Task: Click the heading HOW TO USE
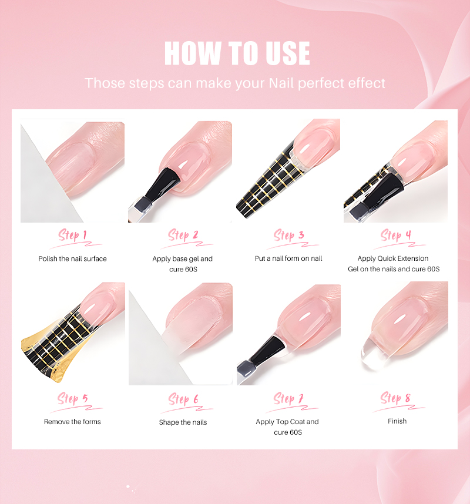click(x=237, y=53)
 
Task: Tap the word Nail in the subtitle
click(x=281, y=83)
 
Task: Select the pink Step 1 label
click(x=73, y=235)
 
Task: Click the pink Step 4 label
click(x=396, y=235)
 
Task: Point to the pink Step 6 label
click(x=183, y=399)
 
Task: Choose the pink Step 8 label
click(x=395, y=398)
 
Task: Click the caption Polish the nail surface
click(x=73, y=258)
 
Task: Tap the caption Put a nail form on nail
click(x=288, y=258)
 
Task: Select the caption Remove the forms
click(x=72, y=422)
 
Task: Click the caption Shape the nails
click(x=183, y=422)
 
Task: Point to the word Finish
click(x=397, y=421)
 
